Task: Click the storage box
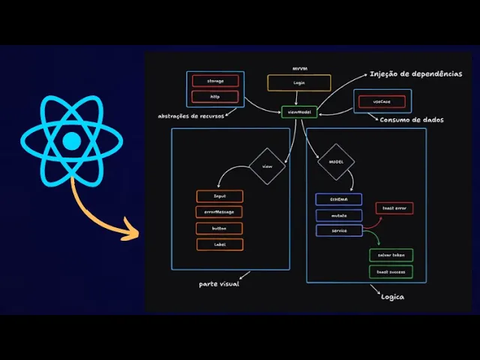(215, 80)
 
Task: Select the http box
(215, 96)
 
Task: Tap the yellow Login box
(299, 82)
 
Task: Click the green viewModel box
(299, 112)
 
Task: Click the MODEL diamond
(335, 161)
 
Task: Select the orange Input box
(220, 196)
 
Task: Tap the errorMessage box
(220, 212)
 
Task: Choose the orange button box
(220, 228)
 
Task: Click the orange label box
(220, 244)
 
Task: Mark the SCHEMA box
(338, 199)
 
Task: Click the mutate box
(338, 215)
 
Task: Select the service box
(338, 231)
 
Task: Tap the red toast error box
(394, 208)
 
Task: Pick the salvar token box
(390, 255)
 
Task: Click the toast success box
(390, 271)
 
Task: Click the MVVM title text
(300, 69)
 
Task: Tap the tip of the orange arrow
(139, 232)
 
